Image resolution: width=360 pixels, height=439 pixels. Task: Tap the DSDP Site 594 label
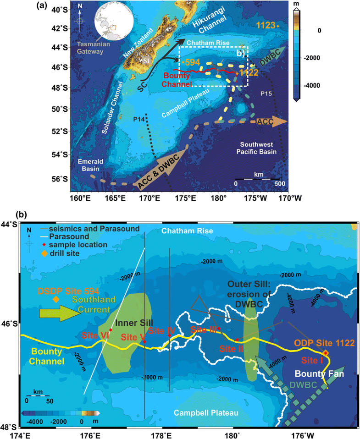62,290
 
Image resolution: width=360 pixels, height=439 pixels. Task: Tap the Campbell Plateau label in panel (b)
206,413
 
